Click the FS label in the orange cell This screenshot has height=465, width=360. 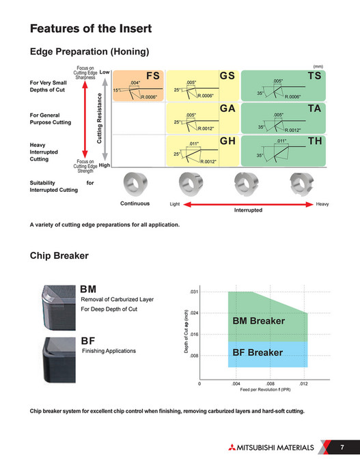click(x=154, y=75)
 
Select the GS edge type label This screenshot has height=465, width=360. click(x=227, y=75)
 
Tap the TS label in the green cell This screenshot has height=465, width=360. click(x=314, y=75)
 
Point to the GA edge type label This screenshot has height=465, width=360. click(x=227, y=109)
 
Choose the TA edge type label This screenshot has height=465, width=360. click(x=314, y=109)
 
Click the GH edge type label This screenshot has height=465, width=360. click(x=227, y=141)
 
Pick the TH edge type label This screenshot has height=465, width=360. click(x=314, y=141)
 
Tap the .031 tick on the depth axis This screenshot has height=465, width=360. click(x=193, y=292)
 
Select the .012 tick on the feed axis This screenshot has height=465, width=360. click(x=304, y=384)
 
